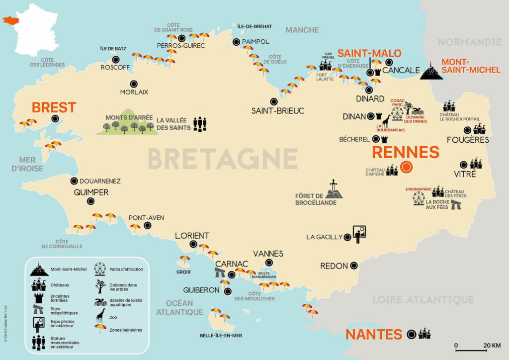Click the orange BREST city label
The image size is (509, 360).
(x=54, y=107)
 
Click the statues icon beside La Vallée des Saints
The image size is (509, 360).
(x=199, y=124)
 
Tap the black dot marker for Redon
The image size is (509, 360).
(x=353, y=266)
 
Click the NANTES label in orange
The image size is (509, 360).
(x=373, y=334)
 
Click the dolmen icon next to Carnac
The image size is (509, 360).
(x=220, y=273)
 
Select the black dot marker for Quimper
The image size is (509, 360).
(x=90, y=201)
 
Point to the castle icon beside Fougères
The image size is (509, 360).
(x=479, y=129)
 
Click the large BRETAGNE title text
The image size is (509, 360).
(x=222, y=159)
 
